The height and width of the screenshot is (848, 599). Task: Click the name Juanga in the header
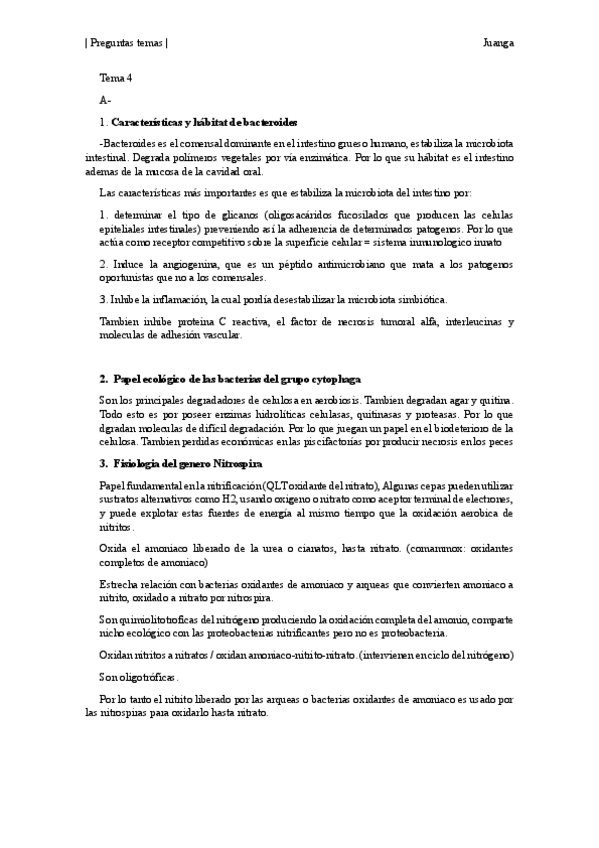pyautogui.click(x=497, y=44)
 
